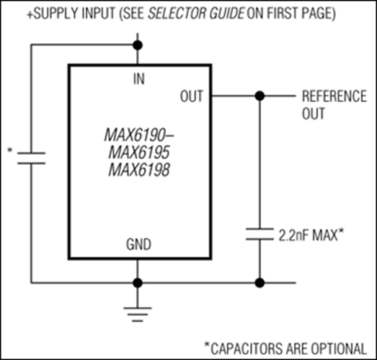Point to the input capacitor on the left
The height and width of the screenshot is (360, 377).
(x=32, y=158)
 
